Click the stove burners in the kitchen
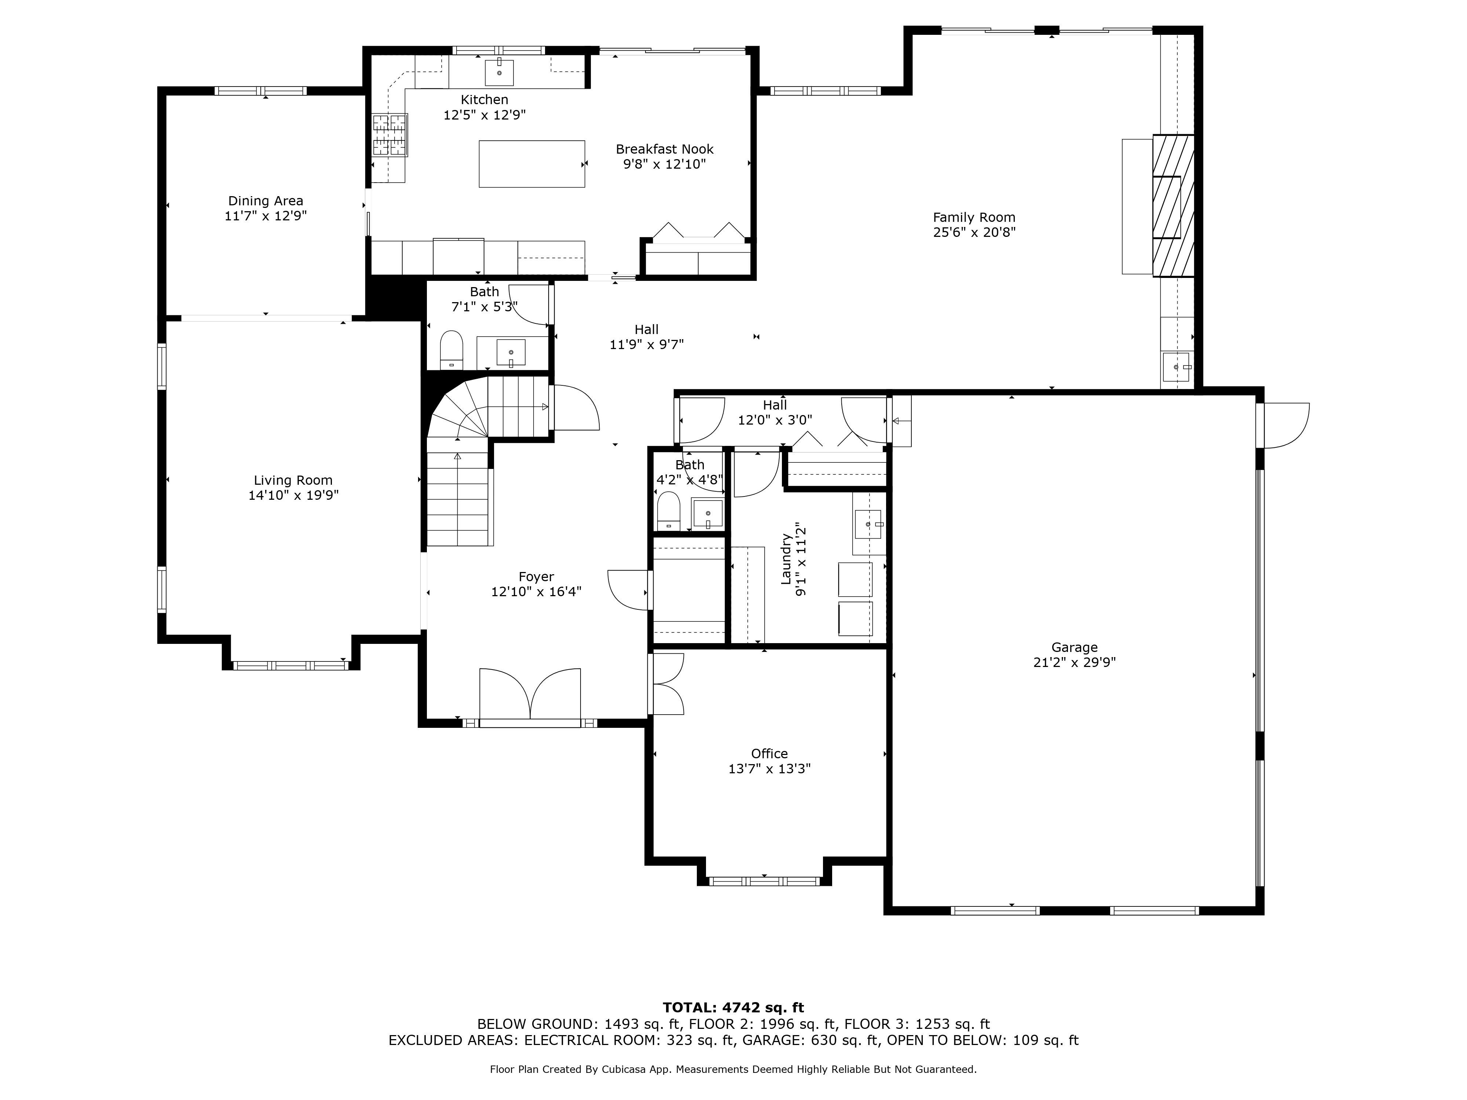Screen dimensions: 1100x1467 [x=389, y=135]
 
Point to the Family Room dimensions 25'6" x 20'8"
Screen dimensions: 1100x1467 [x=974, y=232]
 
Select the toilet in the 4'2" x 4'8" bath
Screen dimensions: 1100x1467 [x=669, y=509]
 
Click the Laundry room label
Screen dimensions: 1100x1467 [x=786, y=559]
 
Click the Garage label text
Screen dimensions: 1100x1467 [x=1074, y=647]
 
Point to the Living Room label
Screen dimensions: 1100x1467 [x=293, y=480]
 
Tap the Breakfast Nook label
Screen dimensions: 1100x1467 [x=665, y=149]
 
